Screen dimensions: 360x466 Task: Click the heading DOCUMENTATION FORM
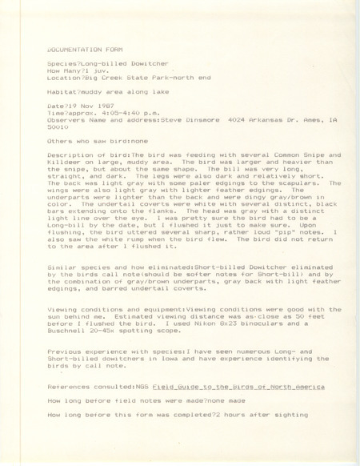click(x=79, y=46)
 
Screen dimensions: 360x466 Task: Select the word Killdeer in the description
click(x=65, y=159)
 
